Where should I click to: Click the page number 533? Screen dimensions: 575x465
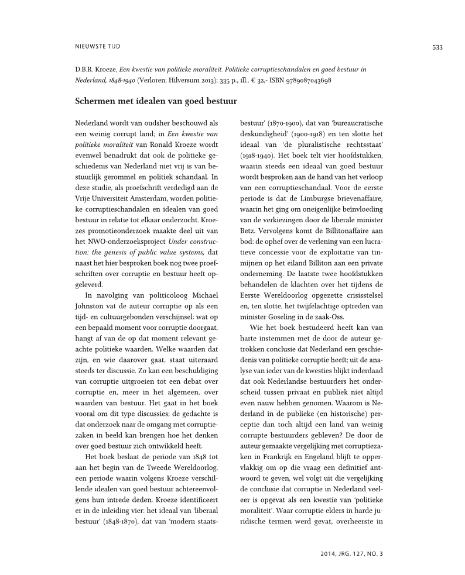[437, 47]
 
